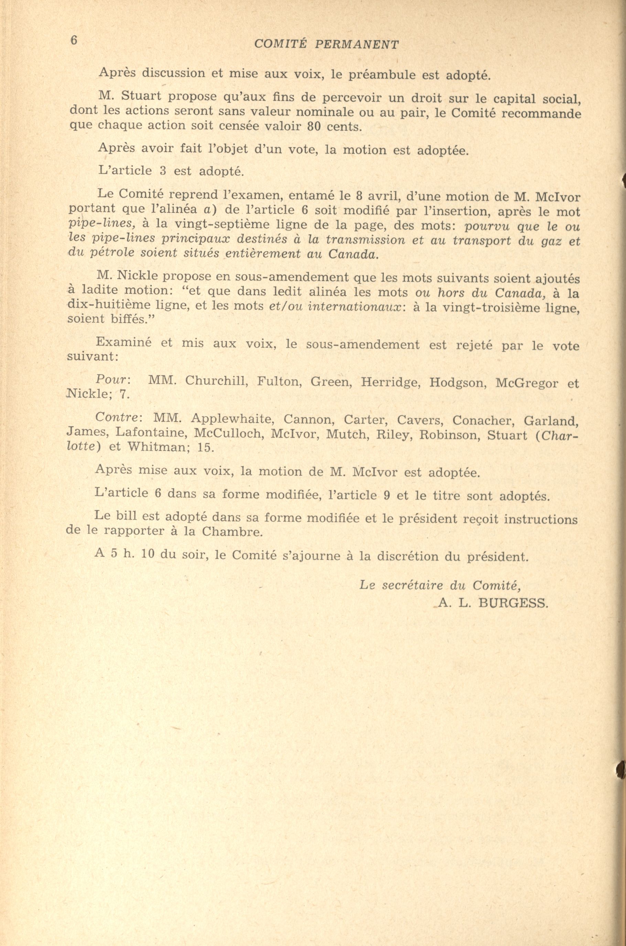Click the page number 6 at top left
[74, 40]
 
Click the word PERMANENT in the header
[357, 45]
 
